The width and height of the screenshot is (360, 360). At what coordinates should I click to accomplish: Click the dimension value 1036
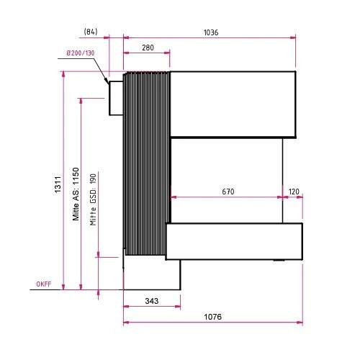tap(210, 32)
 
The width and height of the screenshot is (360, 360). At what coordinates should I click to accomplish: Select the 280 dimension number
tap(148, 48)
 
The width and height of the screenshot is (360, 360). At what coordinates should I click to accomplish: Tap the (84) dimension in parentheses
tap(91, 32)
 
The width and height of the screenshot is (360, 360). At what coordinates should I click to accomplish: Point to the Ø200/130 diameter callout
tap(79, 53)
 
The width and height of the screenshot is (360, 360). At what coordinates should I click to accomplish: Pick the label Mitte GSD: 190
tap(92, 199)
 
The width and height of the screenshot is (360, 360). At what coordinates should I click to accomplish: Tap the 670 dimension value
tap(228, 192)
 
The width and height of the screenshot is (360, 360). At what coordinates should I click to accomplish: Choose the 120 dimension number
tap(294, 192)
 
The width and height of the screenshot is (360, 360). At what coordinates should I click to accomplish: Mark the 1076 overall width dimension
tap(212, 317)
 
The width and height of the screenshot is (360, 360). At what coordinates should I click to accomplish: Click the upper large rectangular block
tap(233, 104)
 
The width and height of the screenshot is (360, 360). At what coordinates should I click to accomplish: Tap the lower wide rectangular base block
tap(234, 241)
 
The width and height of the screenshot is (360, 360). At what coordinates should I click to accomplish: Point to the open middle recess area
tap(226, 180)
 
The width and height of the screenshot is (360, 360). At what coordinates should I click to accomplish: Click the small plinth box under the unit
tap(152, 274)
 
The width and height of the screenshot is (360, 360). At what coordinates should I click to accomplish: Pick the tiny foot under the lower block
tap(278, 261)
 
